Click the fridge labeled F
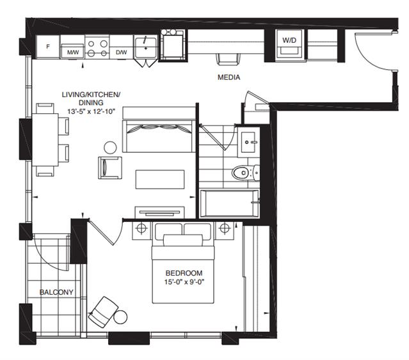pyautogui.click(x=48, y=47)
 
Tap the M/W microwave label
pyautogui.click(x=73, y=52)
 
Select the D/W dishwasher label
pyautogui.click(x=121, y=52)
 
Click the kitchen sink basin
pyautogui.click(x=145, y=47)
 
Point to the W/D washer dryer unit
pyautogui.click(x=290, y=45)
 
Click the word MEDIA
pyautogui.click(x=229, y=77)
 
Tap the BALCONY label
pyautogui.click(x=56, y=292)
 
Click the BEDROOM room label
pyautogui.click(x=184, y=273)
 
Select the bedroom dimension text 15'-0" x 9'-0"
pyautogui.click(x=184, y=282)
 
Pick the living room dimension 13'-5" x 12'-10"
pyautogui.click(x=92, y=111)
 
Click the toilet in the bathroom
pyautogui.click(x=245, y=172)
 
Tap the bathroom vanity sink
pyautogui.click(x=248, y=142)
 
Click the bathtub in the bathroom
pyautogui.click(x=229, y=203)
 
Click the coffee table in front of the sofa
pyautogui.click(x=160, y=179)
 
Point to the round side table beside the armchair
pyautogui.click(x=110, y=148)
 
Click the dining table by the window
pyautogui.click(x=45, y=139)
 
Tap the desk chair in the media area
pyautogui.click(x=229, y=59)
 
